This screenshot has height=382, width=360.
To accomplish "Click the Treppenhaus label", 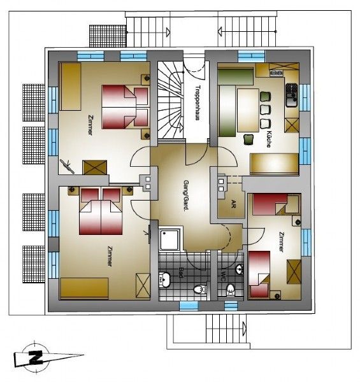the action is [x=198, y=103].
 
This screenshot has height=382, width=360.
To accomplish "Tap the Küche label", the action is [x=269, y=139].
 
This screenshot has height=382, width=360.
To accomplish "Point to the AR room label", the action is [x=233, y=204].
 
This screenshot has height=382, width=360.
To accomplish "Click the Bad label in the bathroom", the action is [x=181, y=272].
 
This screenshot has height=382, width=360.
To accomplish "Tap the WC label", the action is [x=222, y=276].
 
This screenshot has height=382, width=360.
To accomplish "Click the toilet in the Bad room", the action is [x=200, y=290].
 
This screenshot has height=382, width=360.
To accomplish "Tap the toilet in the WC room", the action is [x=231, y=290].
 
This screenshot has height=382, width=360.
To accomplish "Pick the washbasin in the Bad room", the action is [x=165, y=279].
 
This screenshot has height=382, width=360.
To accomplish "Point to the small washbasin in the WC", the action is [x=240, y=270].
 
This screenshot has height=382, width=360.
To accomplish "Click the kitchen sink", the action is [x=292, y=95].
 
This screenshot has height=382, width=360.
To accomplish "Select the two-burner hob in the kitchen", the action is [x=276, y=72].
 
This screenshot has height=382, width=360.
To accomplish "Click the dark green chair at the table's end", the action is [x=248, y=139].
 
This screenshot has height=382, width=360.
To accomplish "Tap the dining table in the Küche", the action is [x=248, y=110].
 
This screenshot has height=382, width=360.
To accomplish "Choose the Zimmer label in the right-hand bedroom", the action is [x=282, y=242].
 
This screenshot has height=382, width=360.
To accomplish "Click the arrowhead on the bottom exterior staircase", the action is [x=244, y=326].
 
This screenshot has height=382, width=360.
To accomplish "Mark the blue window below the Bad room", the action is [x=189, y=306].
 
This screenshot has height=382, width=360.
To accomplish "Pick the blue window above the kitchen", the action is [x=251, y=56].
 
